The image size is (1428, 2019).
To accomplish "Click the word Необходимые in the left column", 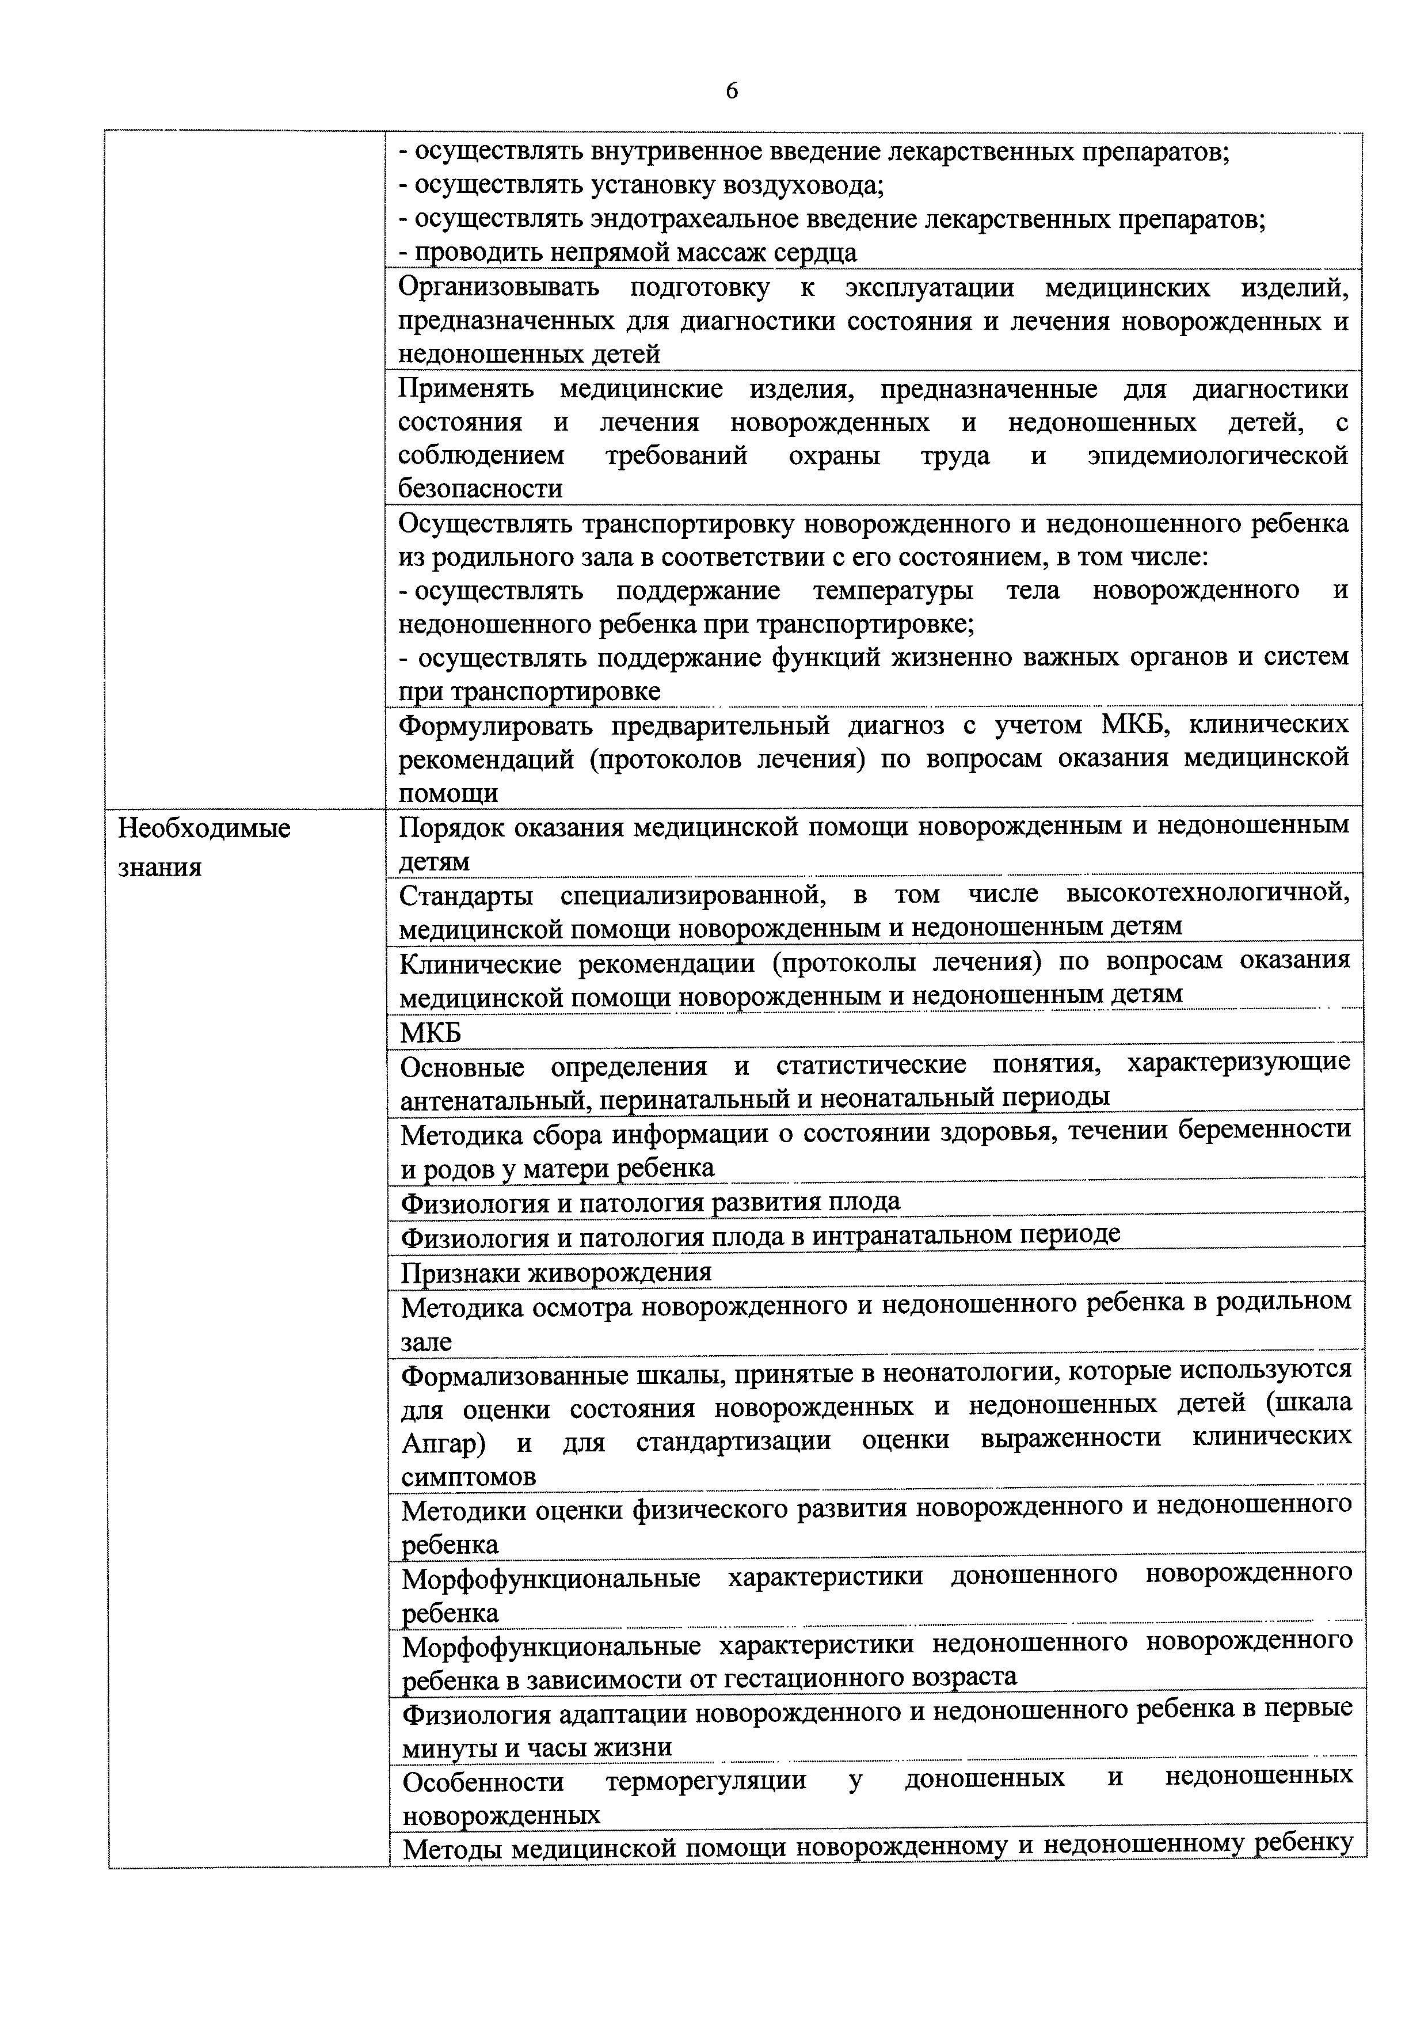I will (204, 828).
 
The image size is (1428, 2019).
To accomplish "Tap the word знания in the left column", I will (160, 868).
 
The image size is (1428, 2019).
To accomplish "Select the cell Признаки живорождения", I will (556, 1272).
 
